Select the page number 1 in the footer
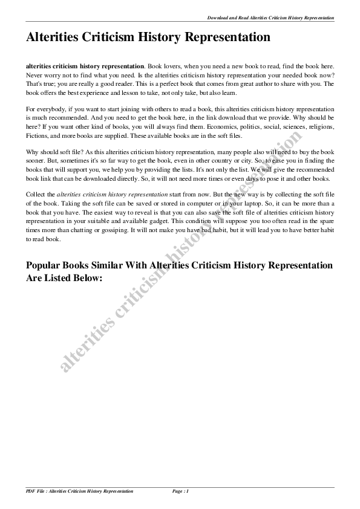188,491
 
